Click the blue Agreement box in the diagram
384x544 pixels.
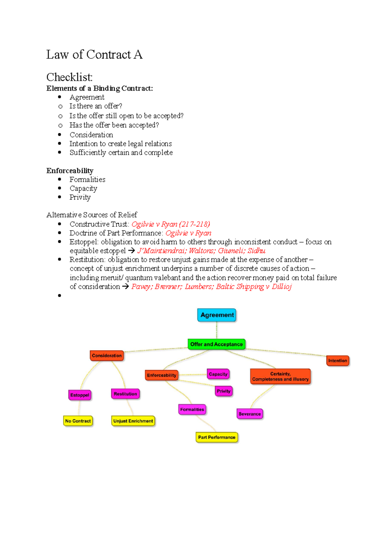[x=217, y=315]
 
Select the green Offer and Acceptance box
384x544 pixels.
[x=216, y=344]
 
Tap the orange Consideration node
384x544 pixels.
[x=107, y=356]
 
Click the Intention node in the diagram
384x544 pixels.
[x=337, y=361]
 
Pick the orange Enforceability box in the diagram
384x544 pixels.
[x=162, y=375]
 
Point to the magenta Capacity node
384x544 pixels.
[x=218, y=374]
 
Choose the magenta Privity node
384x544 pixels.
[x=223, y=391]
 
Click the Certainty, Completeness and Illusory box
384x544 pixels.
[x=280, y=376]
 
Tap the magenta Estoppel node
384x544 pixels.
[x=80, y=395]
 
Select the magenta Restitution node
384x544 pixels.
[x=125, y=394]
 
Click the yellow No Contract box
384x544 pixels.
[x=78, y=421]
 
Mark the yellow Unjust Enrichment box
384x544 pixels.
[x=133, y=421]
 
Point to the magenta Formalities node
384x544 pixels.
[x=192, y=409]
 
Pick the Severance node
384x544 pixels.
[x=250, y=414]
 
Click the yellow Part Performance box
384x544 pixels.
[x=217, y=437]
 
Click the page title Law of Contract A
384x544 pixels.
[x=94, y=55]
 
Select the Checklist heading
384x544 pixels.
[x=69, y=77]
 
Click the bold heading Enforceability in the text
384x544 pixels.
[x=70, y=171]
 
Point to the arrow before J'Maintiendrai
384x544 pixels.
[x=131, y=251]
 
